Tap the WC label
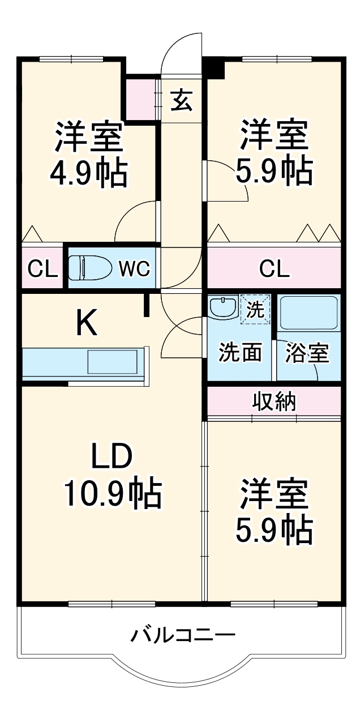click(134, 269)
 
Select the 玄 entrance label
click(182, 100)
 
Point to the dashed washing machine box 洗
click(254, 310)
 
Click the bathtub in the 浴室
click(308, 313)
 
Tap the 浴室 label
click(306, 352)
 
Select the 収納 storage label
click(274, 401)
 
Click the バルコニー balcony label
click(182, 634)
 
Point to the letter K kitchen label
click(87, 324)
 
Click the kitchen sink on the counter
click(112, 362)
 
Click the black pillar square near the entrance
click(214, 68)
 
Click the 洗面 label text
click(241, 352)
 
